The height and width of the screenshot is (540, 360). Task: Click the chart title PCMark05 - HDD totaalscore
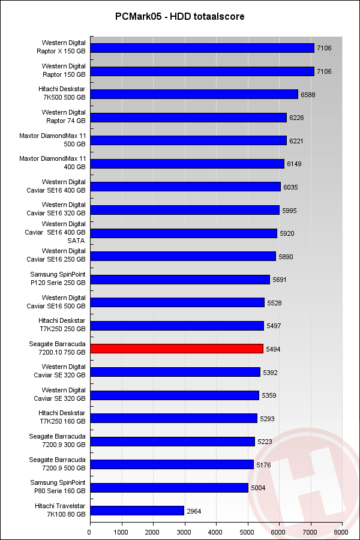(x=180, y=17)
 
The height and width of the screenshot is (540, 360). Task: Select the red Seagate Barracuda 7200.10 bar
(x=176, y=349)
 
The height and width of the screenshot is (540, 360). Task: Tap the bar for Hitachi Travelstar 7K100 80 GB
(x=137, y=511)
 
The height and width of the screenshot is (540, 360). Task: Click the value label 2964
(x=194, y=511)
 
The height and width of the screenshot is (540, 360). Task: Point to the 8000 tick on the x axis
(x=341, y=531)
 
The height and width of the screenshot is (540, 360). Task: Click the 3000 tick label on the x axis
(x=184, y=531)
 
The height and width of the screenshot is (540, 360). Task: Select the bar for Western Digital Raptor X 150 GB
(x=202, y=48)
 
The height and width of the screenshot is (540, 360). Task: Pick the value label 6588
(x=308, y=94)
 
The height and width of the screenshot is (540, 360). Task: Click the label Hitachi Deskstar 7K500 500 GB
(x=62, y=94)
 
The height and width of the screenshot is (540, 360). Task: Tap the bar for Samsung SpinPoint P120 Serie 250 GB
(x=179, y=280)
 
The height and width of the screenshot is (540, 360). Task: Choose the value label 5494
(x=274, y=349)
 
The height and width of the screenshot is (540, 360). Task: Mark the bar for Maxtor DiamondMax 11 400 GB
(x=187, y=164)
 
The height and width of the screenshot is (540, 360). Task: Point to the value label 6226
(x=297, y=118)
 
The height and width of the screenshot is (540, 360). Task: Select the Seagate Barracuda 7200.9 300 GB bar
(x=172, y=442)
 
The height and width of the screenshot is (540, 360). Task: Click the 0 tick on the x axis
(x=90, y=531)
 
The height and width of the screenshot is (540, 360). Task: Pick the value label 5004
(x=258, y=488)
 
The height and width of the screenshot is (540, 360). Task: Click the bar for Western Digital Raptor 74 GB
(x=188, y=118)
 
